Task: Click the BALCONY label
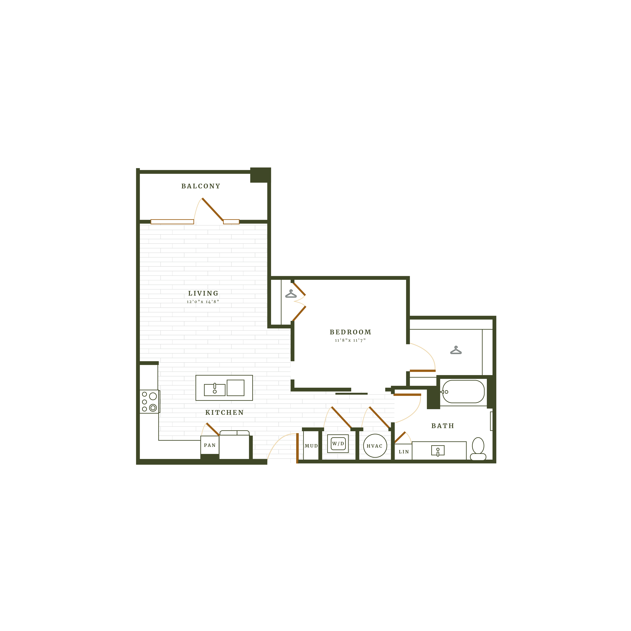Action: [201, 186]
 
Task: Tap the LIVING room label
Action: [203, 293]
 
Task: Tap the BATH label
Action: [443, 426]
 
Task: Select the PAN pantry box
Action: [210, 445]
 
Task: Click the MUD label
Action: [311, 446]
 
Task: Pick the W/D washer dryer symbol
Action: [338, 444]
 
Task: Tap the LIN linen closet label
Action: [404, 452]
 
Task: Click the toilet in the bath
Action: [478, 449]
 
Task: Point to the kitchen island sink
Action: [215, 390]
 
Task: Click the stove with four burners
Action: [149, 401]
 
